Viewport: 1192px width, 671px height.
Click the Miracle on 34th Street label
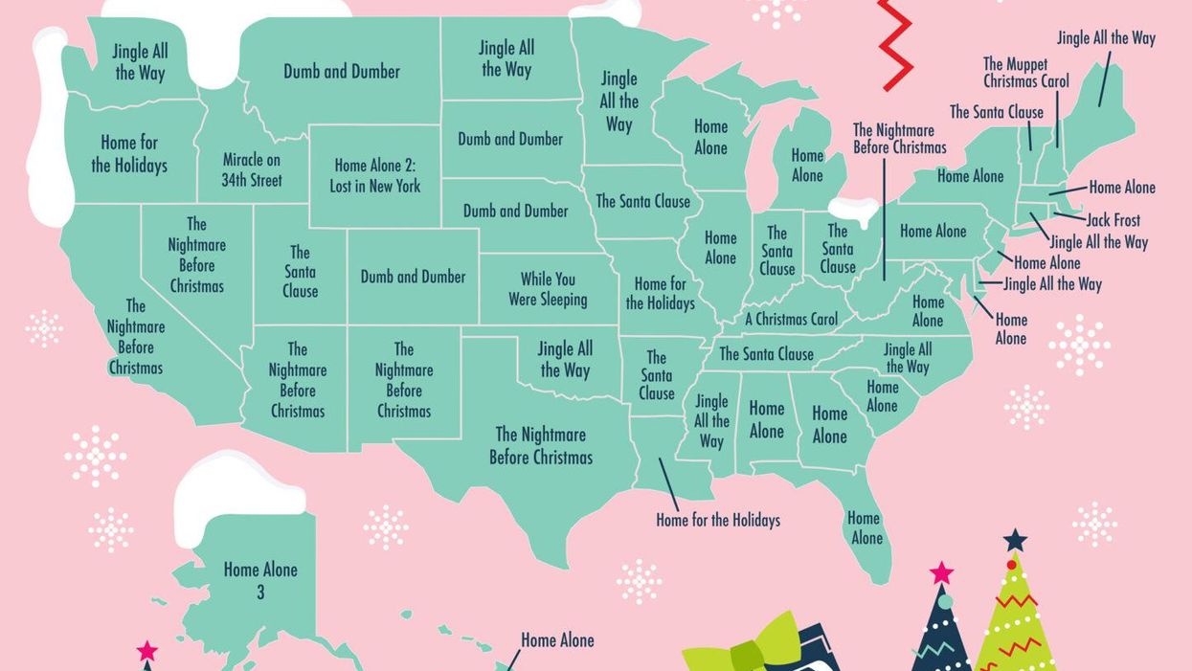pyautogui.click(x=252, y=169)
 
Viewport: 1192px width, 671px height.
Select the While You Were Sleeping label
pyautogui.click(x=548, y=289)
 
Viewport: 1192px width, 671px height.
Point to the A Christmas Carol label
pyautogui.click(x=791, y=319)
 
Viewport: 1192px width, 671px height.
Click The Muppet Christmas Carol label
pyautogui.click(x=1025, y=73)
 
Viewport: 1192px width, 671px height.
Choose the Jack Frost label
pyautogui.click(x=1113, y=220)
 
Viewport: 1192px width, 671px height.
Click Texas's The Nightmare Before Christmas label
pyautogui.click(x=541, y=446)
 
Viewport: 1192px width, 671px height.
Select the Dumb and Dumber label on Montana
pyautogui.click(x=342, y=72)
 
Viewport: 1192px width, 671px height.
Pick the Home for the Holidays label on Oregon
pyautogui.click(x=129, y=154)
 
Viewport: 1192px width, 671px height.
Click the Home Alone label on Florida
pyautogui.click(x=866, y=527)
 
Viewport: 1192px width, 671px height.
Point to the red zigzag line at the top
pyautogui.click(x=895, y=43)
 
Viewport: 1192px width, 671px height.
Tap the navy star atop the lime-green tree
pyautogui.click(x=1015, y=540)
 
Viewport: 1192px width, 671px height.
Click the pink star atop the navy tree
pyautogui.click(x=941, y=572)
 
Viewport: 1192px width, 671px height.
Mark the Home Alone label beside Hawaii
pyautogui.click(x=557, y=639)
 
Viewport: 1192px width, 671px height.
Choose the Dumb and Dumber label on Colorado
pyautogui.click(x=413, y=277)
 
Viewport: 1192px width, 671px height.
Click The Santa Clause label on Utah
pyautogui.click(x=300, y=271)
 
